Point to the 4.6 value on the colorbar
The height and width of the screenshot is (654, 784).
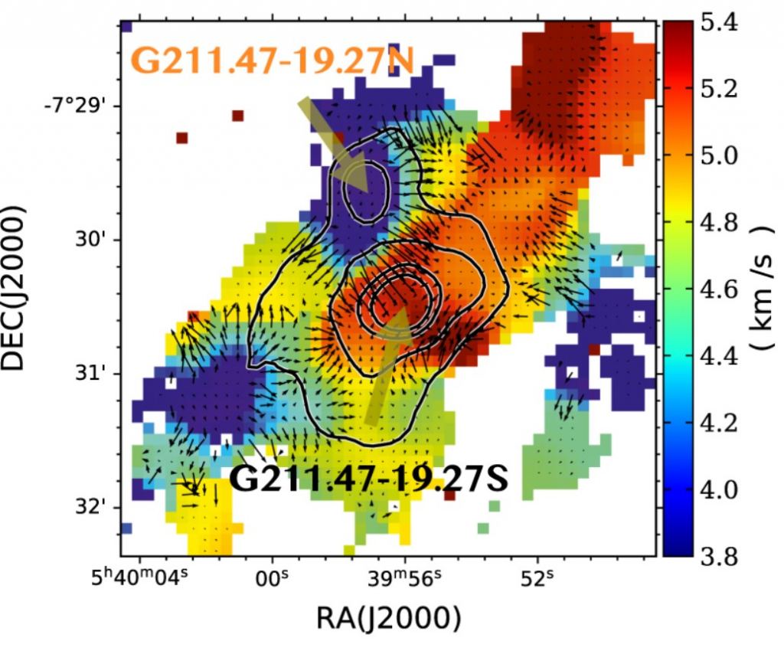[x=719, y=289]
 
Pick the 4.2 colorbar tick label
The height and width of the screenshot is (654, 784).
[x=719, y=423]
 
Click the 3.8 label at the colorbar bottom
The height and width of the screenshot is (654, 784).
[x=719, y=555]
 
